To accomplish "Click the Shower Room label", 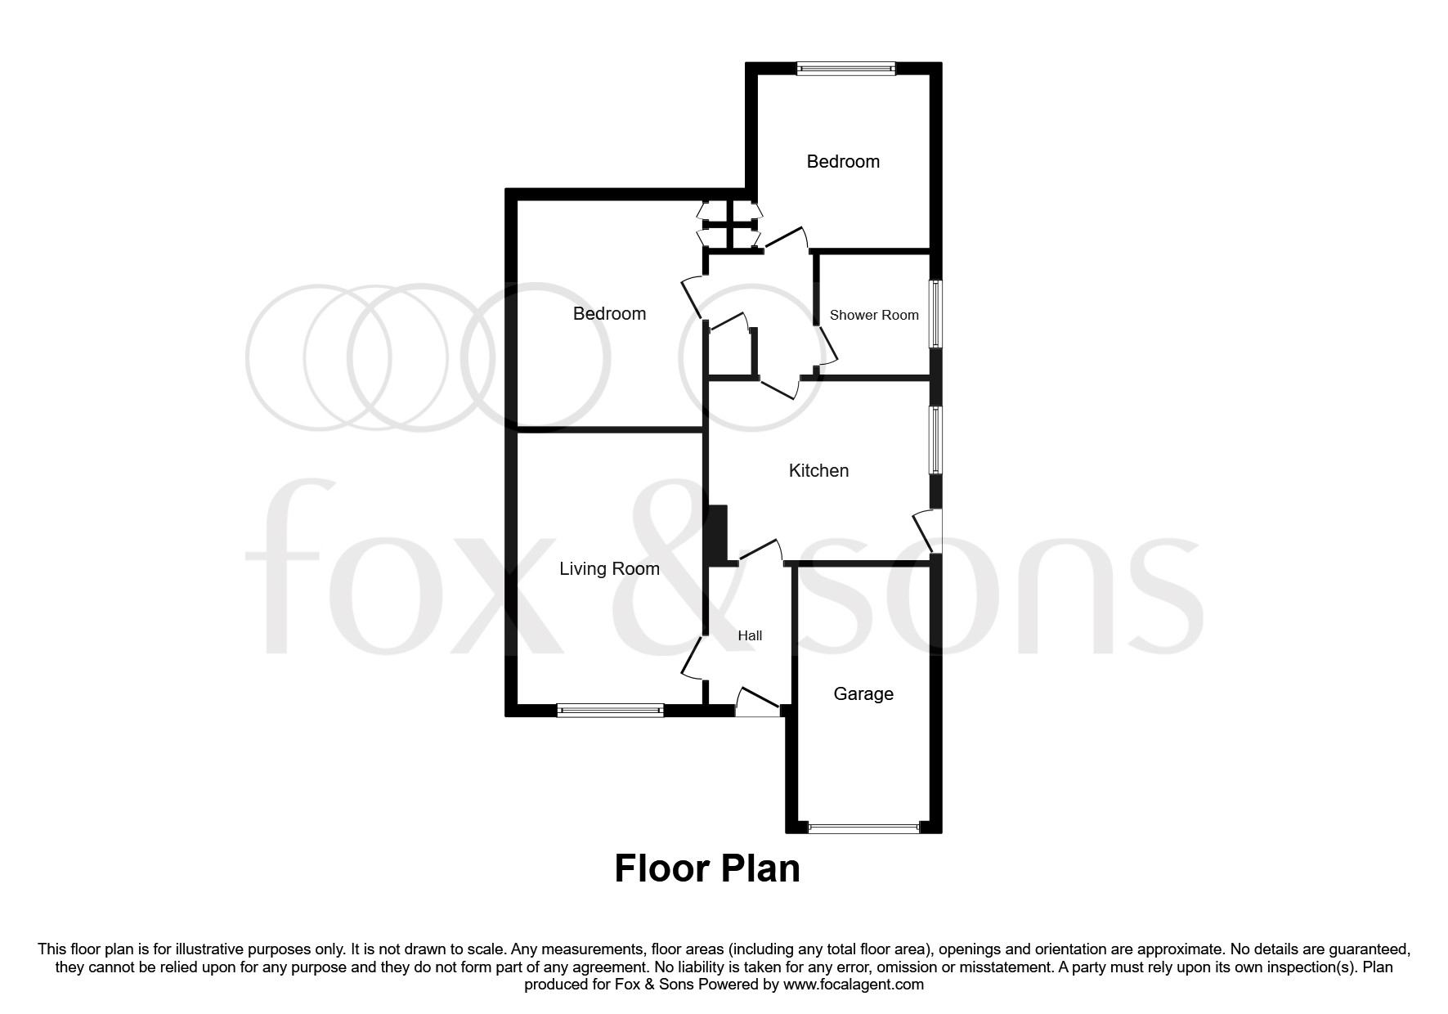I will (x=873, y=315).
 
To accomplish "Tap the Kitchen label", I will (x=818, y=470).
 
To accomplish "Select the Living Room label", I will (x=609, y=568).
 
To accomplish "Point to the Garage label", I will (x=863, y=693).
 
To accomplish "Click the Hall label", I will (x=750, y=635).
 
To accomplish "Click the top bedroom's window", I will (x=846, y=70).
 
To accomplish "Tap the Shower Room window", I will (x=935, y=315).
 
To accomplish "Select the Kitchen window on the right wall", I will (x=935, y=440).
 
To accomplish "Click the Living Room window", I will (x=610, y=711).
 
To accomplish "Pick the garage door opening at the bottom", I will (x=863, y=828).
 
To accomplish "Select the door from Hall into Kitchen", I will (x=761, y=551).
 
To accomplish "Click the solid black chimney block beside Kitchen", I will (x=717, y=534).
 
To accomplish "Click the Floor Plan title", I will (x=706, y=868).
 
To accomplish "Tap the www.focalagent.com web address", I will (x=853, y=985).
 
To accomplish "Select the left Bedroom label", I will (x=609, y=313).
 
